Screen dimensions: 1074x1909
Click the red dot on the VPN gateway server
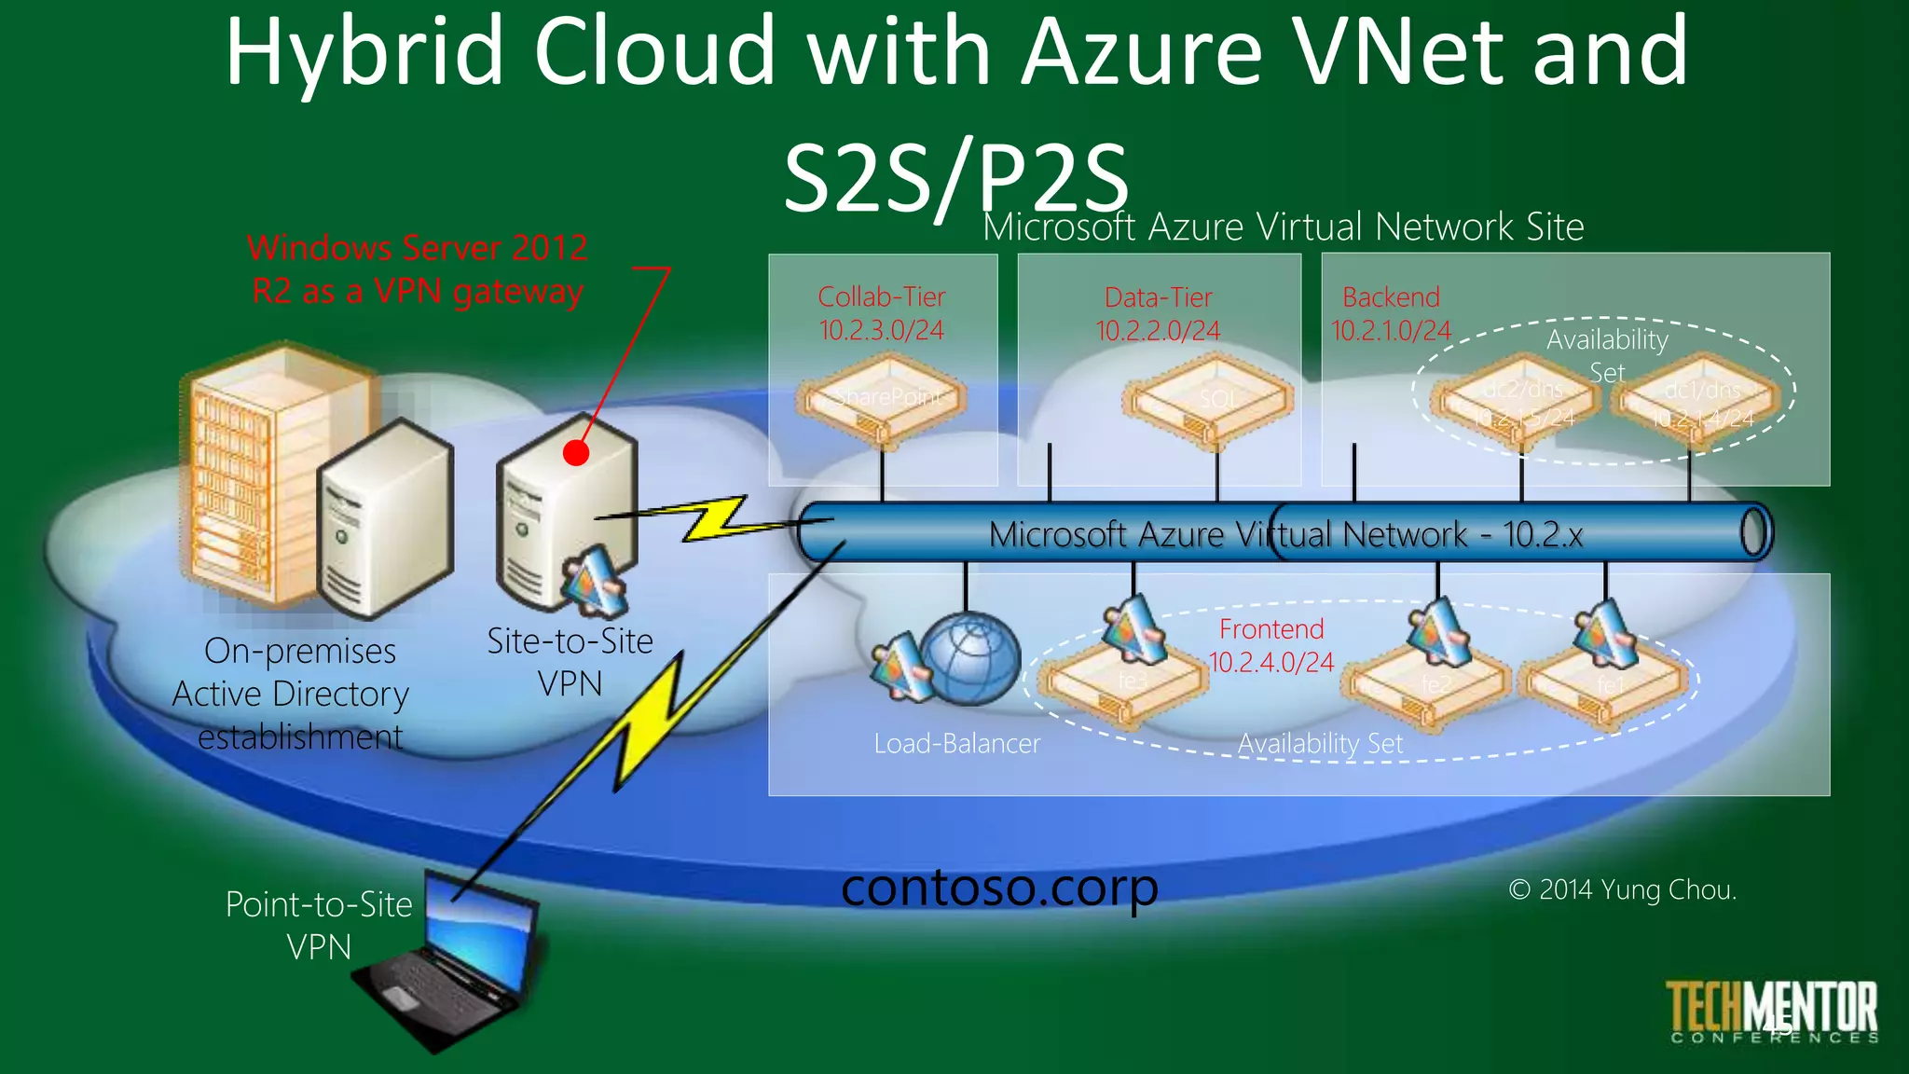[576, 453]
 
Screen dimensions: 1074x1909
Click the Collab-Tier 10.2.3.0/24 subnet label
[881, 313]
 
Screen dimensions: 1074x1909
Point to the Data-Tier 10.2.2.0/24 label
[1158, 314]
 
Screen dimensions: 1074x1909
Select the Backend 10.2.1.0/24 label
[1391, 313]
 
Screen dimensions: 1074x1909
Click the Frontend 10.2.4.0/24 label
[1271, 645]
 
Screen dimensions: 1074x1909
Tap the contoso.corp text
[999, 887]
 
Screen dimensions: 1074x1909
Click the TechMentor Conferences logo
[1772, 1012]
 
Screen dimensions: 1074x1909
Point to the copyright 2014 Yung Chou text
[1622, 889]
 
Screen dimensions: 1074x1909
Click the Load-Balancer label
[956, 744]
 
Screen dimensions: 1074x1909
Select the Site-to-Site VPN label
[570, 662]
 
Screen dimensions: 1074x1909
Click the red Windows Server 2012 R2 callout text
[418, 269]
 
